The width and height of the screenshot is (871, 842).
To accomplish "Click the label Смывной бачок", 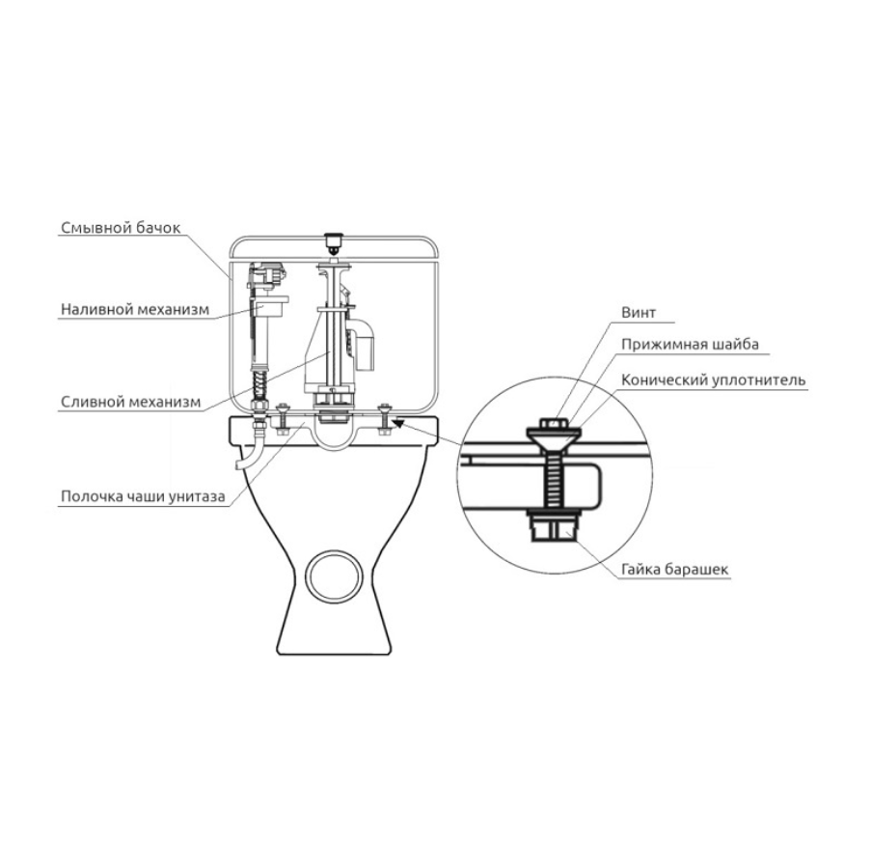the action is click(x=120, y=229).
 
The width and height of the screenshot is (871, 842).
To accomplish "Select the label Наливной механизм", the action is click(x=134, y=310).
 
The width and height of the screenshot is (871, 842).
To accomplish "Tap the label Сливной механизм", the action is click(x=131, y=402).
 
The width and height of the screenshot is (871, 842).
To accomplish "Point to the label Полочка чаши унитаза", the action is click(x=143, y=498).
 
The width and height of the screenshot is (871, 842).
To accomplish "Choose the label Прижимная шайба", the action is click(x=690, y=344).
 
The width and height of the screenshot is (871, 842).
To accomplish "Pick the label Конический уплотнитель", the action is click(x=714, y=379).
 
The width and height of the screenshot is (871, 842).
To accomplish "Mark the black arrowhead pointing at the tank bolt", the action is click(x=401, y=418).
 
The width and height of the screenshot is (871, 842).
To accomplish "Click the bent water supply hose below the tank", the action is click(x=252, y=454).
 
